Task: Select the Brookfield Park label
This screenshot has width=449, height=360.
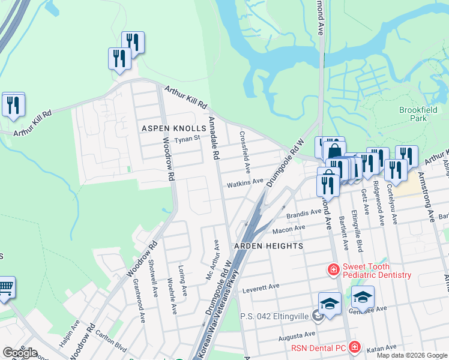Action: [x=414, y=114]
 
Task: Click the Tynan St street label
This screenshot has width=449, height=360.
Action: [x=186, y=140]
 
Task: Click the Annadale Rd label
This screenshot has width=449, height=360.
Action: [x=213, y=138]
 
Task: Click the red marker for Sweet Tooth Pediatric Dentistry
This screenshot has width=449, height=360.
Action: [x=333, y=271]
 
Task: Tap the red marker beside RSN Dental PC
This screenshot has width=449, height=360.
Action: [x=355, y=347]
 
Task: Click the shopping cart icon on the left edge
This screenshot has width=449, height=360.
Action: [x=5, y=287]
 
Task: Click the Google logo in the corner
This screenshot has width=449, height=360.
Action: [x=20, y=353]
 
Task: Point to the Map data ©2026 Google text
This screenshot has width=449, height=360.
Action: [x=412, y=355]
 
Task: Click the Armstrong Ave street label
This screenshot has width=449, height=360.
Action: [x=427, y=198]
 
